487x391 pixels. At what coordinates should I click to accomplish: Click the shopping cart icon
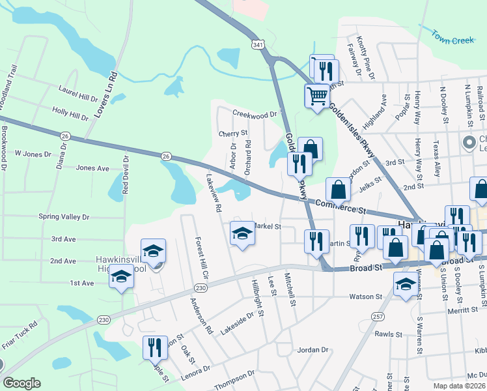point(316,96)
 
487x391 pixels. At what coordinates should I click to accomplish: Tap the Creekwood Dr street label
point(255,115)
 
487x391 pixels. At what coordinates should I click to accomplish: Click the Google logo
point(21,383)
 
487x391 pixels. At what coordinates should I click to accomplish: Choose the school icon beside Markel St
point(242,233)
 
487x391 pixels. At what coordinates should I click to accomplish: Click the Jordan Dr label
point(313,350)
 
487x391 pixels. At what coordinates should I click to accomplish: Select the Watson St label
point(367,297)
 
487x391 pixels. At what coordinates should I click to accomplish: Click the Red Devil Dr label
point(127,175)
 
